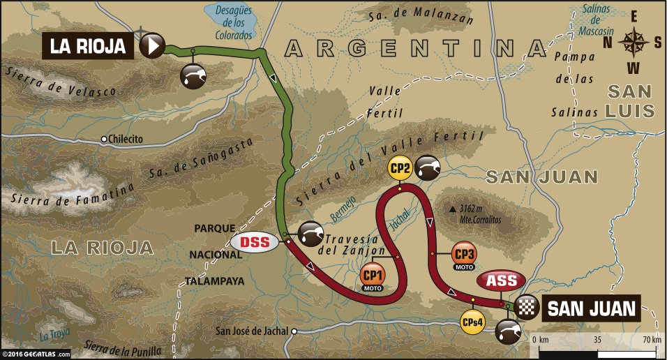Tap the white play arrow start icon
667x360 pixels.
point(151,47)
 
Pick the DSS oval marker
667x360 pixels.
point(255,243)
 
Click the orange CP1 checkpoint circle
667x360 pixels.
point(373,274)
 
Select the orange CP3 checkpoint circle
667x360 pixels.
point(463,253)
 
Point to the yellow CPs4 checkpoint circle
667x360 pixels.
point(472,322)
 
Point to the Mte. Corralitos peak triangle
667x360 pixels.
point(453,209)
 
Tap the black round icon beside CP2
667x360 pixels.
point(428,168)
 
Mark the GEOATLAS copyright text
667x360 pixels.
point(36,354)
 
